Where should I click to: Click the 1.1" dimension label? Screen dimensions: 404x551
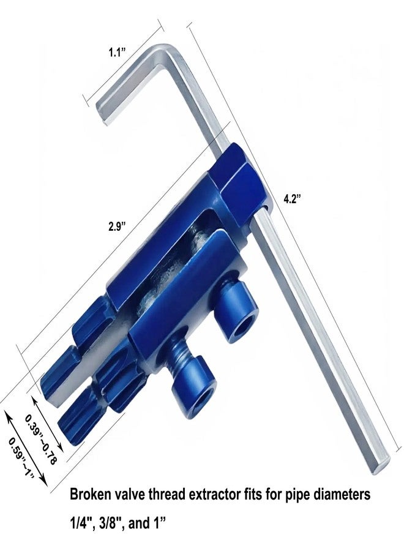(x=117, y=53)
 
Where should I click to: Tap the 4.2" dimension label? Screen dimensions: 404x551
(x=293, y=199)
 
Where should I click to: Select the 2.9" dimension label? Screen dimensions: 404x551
(x=117, y=227)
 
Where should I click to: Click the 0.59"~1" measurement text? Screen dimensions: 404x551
(x=21, y=457)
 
